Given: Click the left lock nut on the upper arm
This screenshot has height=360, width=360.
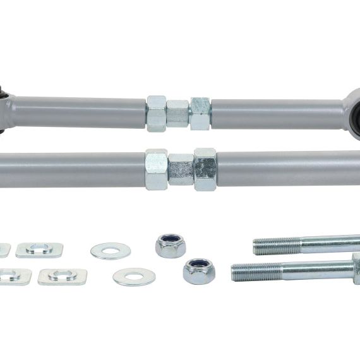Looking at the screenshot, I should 157,113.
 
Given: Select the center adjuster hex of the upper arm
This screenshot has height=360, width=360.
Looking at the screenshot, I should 178,114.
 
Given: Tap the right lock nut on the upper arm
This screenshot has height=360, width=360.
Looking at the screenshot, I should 200,113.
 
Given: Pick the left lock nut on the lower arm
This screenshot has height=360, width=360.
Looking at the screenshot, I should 157,169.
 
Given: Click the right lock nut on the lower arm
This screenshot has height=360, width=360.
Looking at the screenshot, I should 205,169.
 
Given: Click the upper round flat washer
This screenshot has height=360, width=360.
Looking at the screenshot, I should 111,251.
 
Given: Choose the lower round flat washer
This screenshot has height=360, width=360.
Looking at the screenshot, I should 133,277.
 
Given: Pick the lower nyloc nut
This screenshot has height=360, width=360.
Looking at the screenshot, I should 199,271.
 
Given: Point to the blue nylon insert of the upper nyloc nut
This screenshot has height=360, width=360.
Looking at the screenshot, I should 171,240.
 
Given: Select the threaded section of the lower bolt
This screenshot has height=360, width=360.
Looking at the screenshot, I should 256,272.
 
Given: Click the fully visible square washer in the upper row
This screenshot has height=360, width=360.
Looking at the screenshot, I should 39,249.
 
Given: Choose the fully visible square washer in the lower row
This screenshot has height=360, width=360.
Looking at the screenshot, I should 62,277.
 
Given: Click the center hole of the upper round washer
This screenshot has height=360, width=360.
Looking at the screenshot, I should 111,251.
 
